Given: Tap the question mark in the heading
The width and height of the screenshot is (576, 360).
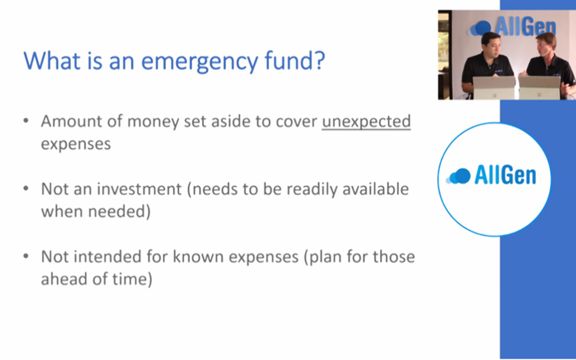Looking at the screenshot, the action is click(319, 60).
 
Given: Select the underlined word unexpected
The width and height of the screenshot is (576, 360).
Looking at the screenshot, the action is click(366, 122).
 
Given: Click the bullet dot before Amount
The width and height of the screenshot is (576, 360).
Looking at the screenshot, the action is click(26, 121).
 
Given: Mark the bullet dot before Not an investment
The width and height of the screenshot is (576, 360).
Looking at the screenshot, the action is click(26, 188).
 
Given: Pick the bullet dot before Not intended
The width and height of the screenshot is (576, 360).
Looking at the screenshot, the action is click(26, 255).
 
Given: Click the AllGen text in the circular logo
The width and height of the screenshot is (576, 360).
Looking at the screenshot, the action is click(506, 174).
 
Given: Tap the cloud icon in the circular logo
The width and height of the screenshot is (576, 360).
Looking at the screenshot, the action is click(458, 176).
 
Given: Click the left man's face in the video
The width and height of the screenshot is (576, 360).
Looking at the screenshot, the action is click(490, 45).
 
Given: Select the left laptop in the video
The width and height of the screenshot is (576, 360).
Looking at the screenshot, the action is click(494, 87).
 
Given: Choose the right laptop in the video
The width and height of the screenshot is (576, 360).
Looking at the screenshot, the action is click(539, 87).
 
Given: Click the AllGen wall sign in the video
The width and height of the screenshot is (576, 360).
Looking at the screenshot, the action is click(513, 27).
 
